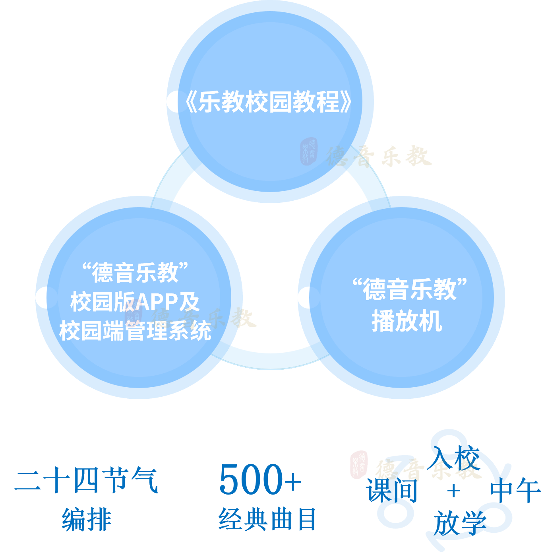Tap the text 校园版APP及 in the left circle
135,302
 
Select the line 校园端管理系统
135,331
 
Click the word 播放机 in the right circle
407,321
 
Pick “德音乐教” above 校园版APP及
135,273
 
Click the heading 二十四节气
86,480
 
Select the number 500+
260,479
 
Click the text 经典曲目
267,519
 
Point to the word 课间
392,490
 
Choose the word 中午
515,490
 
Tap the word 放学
460,523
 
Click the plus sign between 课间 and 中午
453,491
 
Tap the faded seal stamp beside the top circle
309,151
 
